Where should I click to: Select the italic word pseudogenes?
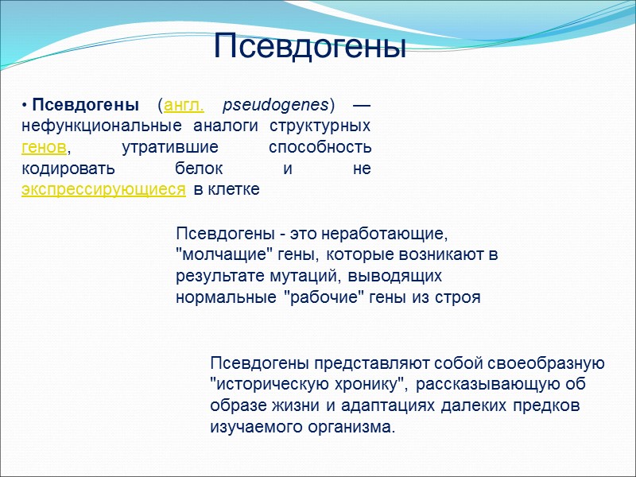[276, 106]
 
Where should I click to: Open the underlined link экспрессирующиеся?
[104, 189]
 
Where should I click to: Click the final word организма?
[355, 427]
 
